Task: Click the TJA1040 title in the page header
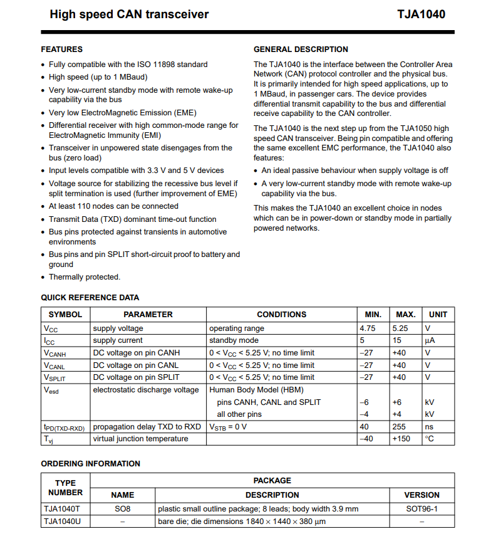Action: (x=421, y=14)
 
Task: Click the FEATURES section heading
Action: (x=61, y=50)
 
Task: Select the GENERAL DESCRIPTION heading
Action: (x=301, y=50)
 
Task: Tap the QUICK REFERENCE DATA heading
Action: (x=90, y=298)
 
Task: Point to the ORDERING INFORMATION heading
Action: (x=90, y=464)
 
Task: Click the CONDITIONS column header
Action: (x=282, y=315)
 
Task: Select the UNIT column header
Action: (x=438, y=315)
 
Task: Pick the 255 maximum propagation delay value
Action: (x=400, y=427)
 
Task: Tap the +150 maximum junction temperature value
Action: (x=401, y=439)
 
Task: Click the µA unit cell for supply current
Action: (x=430, y=340)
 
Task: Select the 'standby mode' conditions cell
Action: (x=234, y=340)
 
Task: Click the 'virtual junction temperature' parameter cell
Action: (x=141, y=439)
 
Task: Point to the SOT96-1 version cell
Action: (x=421, y=509)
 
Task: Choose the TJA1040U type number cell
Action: (x=62, y=522)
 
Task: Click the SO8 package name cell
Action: (x=122, y=509)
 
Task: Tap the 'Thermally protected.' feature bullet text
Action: (x=85, y=277)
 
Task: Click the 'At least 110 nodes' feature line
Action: (x=113, y=206)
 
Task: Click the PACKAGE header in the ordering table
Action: (x=272, y=481)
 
